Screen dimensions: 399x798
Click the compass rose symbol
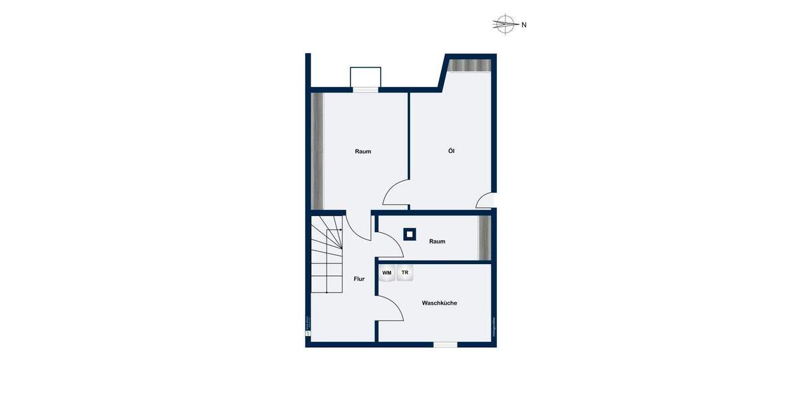pos(505,25)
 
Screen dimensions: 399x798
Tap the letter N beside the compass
pos(524,25)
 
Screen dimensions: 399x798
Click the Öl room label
pos(452,151)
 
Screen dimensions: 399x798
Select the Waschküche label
pos(439,303)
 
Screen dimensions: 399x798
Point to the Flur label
pos(359,279)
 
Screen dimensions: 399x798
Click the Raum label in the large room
pos(363,152)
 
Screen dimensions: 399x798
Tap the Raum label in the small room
pos(437,241)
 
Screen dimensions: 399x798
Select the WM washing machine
pos(386,273)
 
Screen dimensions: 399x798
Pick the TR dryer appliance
pos(404,273)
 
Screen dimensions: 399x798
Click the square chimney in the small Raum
pos(410,233)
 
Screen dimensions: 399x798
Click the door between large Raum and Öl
pos(396,194)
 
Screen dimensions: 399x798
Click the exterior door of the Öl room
pos(485,200)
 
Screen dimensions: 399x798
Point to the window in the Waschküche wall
pos(446,344)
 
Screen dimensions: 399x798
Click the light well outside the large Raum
pos(366,77)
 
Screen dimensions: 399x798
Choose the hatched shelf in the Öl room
pos(469,65)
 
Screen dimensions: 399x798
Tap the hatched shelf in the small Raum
pos(485,237)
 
